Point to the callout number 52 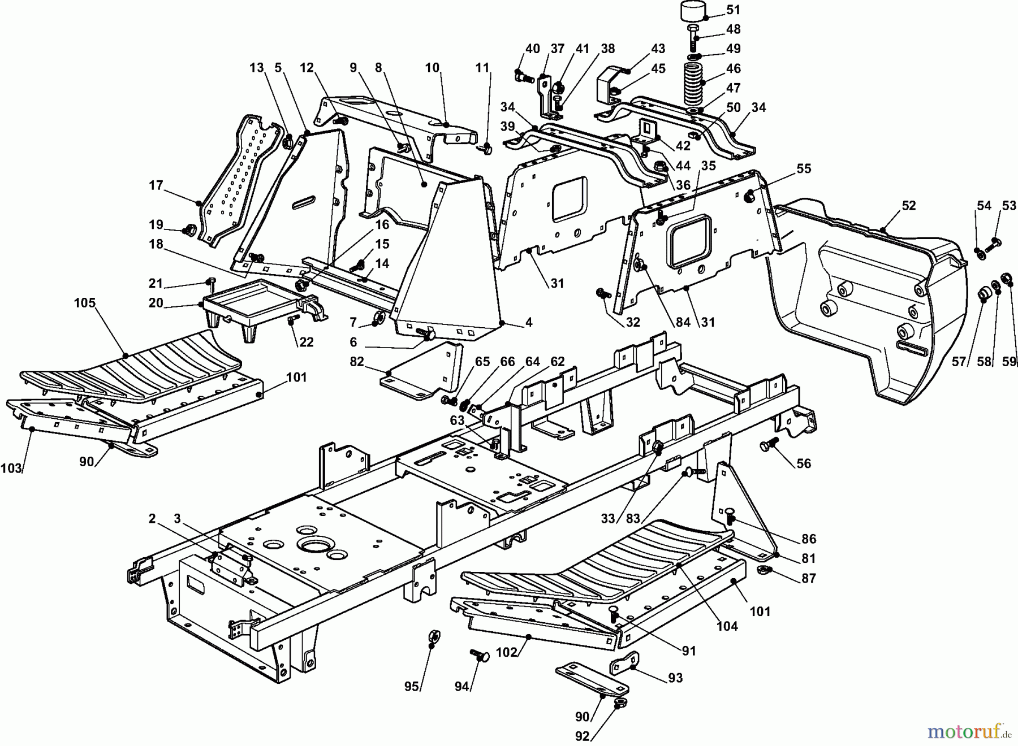(x=908, y=206)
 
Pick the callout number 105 (x=85, y=303)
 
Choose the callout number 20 (x=156, y=303)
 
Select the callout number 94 (x=462, y=686)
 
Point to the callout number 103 (x=11, y=468)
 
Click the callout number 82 (x=357, y=361)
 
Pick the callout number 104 (x=727, y=626)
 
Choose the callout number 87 (x=809, y=578)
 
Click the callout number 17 (x=156, y=185)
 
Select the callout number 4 (x=528, y=323)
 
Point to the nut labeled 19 (x=189, y=229)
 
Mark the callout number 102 (x=506, y=652)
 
